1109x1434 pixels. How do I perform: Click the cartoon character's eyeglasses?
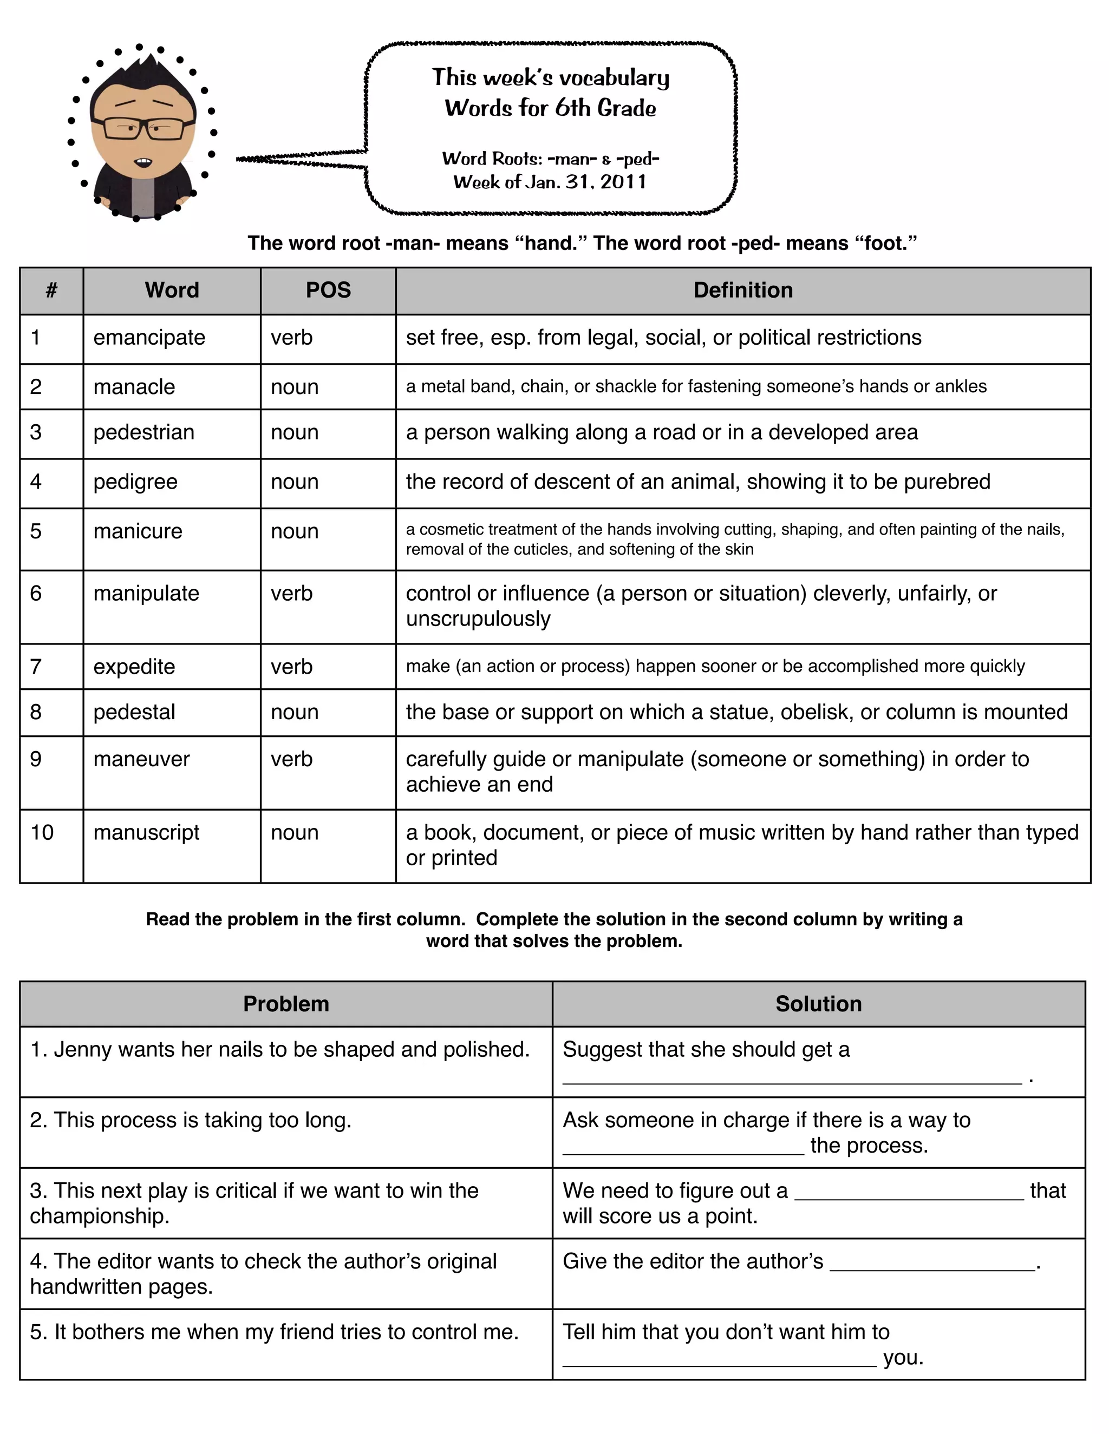coord(142,128)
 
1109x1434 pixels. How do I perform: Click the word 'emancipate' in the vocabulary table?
coord(149,338)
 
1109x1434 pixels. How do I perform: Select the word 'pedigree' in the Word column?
coord(135,482)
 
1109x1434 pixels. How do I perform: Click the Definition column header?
coord(742,290)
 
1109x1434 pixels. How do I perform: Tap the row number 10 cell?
coord(42,833)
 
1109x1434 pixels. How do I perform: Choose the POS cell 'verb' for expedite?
coord(292,667)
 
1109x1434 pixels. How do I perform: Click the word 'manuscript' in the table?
coord(146,833)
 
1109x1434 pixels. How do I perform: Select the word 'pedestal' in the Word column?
coord(134,713)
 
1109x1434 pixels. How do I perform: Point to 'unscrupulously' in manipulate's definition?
coord(478,619)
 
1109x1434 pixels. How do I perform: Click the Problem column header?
coord(286,1004)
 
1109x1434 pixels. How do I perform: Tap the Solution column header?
coord(818,1004)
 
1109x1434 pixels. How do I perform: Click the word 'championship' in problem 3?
coord(98,1216)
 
